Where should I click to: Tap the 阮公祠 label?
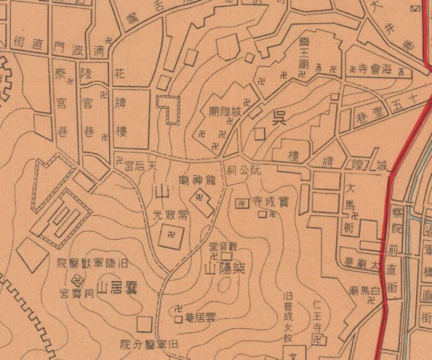[244, 169]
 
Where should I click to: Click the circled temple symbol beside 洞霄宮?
[77, 280]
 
